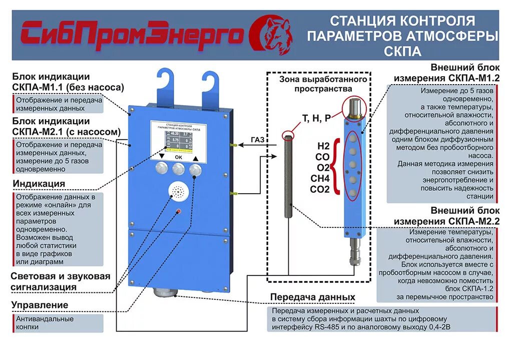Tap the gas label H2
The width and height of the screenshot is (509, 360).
tap(323, 146)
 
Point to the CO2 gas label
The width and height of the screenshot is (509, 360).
tap(320, 189)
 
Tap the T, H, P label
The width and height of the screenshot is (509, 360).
tap(316, 118)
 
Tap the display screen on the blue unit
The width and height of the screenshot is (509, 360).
tap(178, 137)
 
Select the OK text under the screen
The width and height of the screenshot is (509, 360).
tap(178, 157)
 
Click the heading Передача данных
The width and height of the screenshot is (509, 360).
tap(312, 297)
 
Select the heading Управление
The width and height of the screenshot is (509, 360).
tap(40, 305)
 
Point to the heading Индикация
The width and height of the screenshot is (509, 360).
tap(39, 183)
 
